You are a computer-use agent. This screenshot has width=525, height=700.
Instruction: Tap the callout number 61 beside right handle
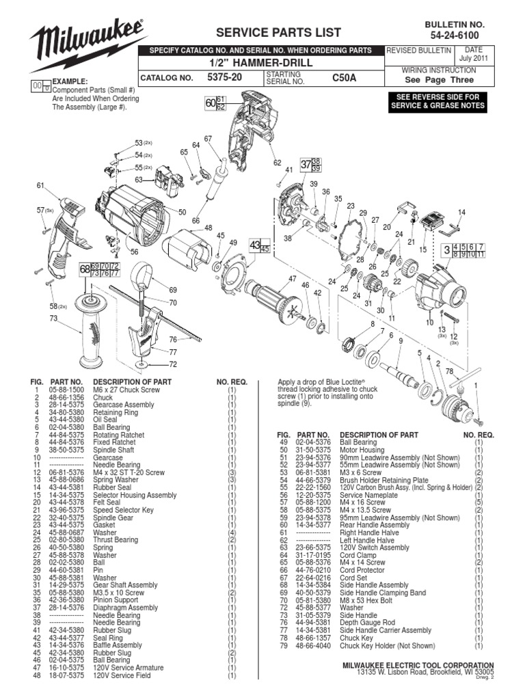pyautogui.click(x=40, y=185)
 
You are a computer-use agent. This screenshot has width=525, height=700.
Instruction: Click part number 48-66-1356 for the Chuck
pyautogui.click(x=67, y=396)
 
